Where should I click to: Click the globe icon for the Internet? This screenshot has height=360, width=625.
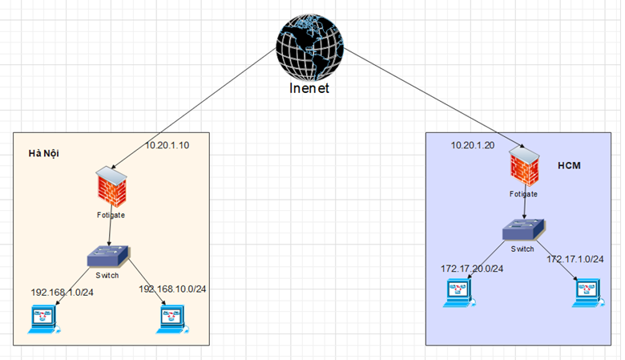click(310, 47)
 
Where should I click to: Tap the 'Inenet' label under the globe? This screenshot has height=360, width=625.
click(309, 88)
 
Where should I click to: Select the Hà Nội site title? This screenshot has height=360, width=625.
click(44, 153)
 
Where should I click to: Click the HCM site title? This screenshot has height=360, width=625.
click(569, 165)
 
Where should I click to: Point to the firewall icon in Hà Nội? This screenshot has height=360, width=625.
click(111, 187)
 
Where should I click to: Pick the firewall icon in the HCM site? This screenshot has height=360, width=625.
click(524, 167)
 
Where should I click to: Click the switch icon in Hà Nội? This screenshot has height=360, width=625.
click(108, 256)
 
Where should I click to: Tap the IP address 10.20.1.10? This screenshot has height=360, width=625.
click(167, 145)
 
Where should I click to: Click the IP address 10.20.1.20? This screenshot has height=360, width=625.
click(473, 145)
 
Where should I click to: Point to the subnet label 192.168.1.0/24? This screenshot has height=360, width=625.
click(62, 292)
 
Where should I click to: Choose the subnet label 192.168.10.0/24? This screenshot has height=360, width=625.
click(172, 289)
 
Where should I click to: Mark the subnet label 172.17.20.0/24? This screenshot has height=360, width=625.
click(472, 269)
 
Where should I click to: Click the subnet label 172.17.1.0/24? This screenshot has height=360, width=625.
click(575, 259)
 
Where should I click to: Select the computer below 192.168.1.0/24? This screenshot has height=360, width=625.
click(44, 319)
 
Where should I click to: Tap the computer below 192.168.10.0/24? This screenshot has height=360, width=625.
click(172, 319)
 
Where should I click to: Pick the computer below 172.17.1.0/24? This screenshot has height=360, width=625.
click(588, 293)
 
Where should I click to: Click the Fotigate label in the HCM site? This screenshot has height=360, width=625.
click(523, 194)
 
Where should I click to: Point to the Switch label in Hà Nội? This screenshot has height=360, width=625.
click(107, 276)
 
